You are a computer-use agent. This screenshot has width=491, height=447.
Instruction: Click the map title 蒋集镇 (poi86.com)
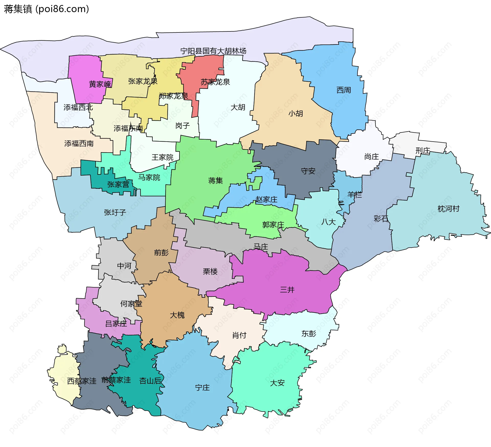[x=46, y=9]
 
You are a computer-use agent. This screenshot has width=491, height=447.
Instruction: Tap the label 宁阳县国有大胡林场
[x=213, y=51]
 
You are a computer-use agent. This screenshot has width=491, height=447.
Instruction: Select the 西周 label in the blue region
[x=343, y=90]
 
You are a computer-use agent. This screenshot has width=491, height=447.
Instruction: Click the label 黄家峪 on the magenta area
[x=100, y=84]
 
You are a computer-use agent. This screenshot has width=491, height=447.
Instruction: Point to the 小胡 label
[x=296, y=113]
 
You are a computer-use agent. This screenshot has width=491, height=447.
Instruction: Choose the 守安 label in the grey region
[x=308, y=171]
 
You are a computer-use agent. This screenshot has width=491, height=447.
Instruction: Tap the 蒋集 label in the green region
[x=215, y=181]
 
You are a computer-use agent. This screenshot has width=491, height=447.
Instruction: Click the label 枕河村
[x=448, y=209]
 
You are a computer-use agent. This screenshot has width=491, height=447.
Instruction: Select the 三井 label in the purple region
[x=287, y=290]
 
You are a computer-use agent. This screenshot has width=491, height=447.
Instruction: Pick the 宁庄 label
[x=202, y=388]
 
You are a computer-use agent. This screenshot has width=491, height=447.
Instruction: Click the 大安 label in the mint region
[x=277, y=383]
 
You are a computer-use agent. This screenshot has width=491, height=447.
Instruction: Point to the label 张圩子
[x=115, y=212]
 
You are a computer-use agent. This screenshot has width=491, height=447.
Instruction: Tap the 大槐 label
[x=177, y=315]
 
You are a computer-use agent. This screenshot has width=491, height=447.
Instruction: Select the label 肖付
[x=239, y=335]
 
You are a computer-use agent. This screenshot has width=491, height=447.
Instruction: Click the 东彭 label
[x=309, y=334]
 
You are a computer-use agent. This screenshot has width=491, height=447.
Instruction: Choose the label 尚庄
[x=371, y=156]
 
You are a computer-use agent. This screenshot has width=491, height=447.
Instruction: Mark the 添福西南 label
[x=79, y=143]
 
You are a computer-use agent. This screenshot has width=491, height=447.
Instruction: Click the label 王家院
[x=162, y=157]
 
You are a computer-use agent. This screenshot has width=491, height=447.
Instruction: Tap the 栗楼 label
[x=210, y=271]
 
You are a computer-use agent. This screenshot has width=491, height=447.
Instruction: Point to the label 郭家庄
[x=273, y=225]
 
